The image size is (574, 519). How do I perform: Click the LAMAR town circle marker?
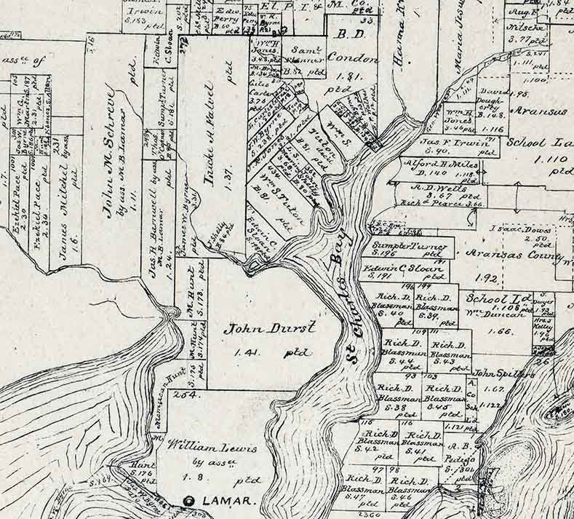[191, 501]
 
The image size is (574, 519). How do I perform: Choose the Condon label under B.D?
[352, 59]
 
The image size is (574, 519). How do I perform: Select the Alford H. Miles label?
[434, 165]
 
